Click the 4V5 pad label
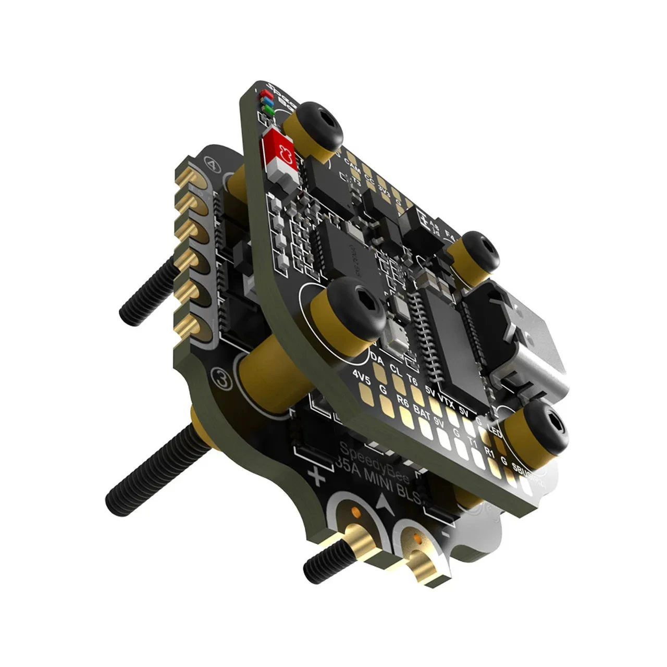361,376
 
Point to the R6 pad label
403,401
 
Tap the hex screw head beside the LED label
545,428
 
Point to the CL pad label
396,370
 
